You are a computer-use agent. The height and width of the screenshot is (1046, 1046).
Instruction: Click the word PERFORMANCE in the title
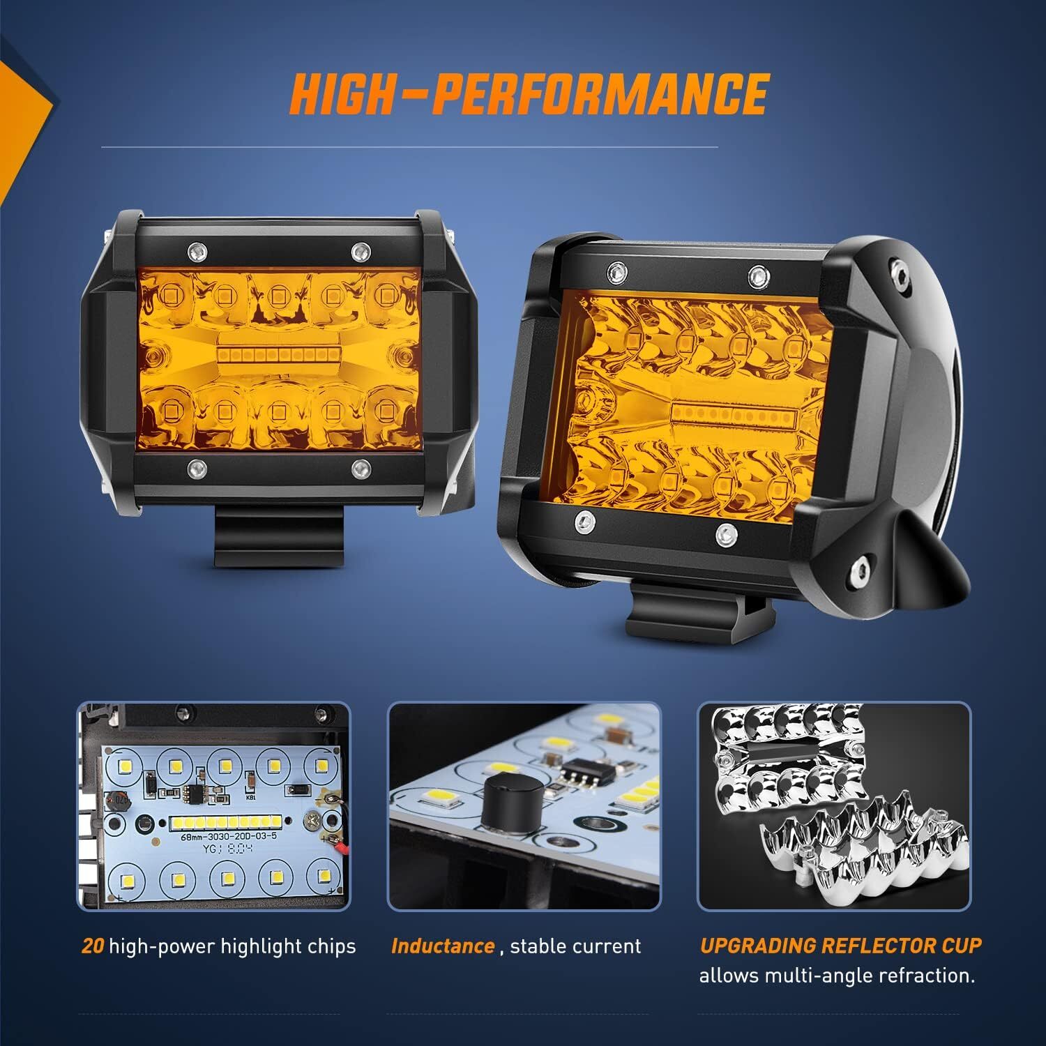pos(600,94)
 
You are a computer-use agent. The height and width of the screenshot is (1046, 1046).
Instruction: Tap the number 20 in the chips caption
pos(93,946)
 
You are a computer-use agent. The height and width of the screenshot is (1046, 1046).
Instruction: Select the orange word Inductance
pos(443,946)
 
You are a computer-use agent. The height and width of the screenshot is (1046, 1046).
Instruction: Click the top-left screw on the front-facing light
pos(197,250)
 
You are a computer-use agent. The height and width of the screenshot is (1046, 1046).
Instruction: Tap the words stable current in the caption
pos(575,946)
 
